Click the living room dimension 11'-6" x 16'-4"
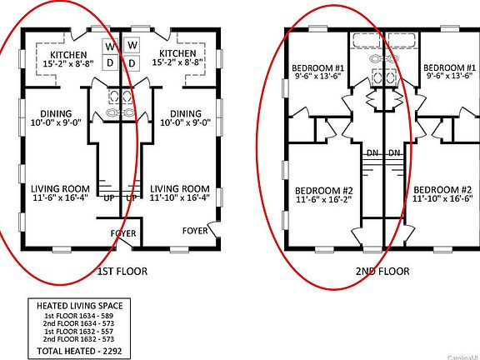[62, 199]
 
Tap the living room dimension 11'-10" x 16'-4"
[179, 199]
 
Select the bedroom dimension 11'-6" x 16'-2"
[324, 200]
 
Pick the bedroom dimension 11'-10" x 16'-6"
[443, 200]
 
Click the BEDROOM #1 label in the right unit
[443, 67]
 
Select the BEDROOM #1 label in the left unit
[318, 67]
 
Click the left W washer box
[110, 45]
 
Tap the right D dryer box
[133, 63]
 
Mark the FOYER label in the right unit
[196, 230]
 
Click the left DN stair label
[372, 153]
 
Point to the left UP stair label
[110, 198]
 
